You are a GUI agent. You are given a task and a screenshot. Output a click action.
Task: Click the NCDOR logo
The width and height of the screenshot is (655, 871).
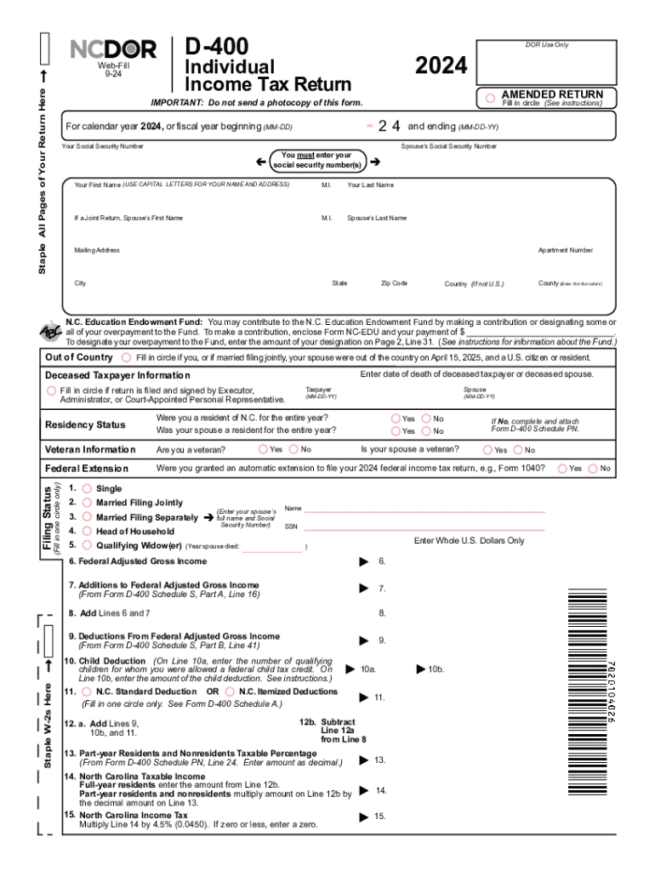click(x=113, y=50)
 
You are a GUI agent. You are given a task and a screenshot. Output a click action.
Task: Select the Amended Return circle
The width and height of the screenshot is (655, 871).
click(x=490, y=99)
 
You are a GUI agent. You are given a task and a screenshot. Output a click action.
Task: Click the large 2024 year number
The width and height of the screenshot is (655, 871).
click(x=441, y=65)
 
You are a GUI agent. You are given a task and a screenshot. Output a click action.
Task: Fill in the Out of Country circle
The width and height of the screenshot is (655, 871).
click(x=127, y=357)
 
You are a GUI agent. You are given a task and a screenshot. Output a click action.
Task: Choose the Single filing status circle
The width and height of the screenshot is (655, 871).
click(x=87, y=488)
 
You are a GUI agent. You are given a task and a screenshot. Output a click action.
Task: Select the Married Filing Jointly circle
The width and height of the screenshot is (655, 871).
click(x=87, y=503)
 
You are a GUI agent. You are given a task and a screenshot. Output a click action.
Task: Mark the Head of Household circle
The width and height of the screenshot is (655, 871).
click(x=87, y=531)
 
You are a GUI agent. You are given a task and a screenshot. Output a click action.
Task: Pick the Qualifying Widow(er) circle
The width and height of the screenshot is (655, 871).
click(x=87, y=545)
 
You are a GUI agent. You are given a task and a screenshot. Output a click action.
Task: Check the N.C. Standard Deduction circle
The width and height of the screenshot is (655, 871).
click(x=87, y=692)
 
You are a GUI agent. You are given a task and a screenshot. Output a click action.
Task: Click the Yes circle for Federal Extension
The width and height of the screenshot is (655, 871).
click(x=561, y=468)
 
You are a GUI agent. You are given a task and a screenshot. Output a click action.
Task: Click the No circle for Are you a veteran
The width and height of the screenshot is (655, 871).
click(x=293, y=449)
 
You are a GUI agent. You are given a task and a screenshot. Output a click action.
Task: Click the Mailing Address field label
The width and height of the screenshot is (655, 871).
click(x=97, y=250)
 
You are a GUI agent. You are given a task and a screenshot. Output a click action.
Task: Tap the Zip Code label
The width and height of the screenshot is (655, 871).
click(x=394, y=282)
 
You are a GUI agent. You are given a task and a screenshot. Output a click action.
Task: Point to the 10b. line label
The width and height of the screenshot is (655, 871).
click(x=435, y=669)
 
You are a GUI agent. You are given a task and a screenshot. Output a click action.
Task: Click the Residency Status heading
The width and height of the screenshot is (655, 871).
click(x=85, y=424)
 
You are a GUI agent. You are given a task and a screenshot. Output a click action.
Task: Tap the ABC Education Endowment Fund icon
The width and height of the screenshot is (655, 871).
click(x=49, y=333)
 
